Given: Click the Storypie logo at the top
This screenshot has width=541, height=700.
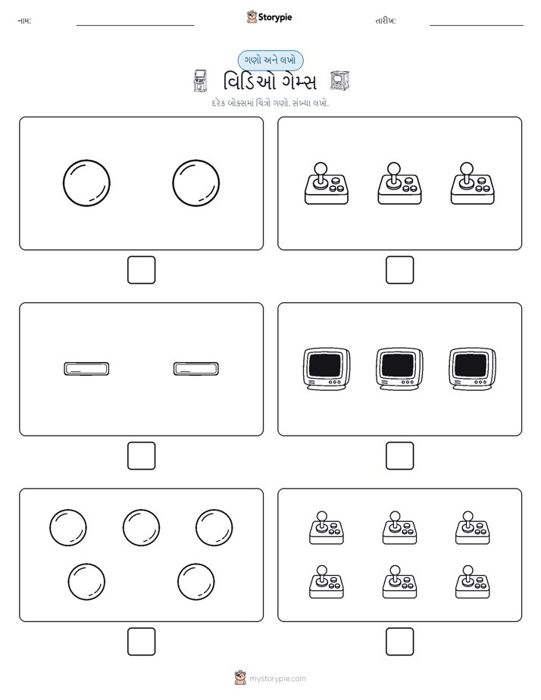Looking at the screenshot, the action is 269,17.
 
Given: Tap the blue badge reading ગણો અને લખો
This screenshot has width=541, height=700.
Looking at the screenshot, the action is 270,61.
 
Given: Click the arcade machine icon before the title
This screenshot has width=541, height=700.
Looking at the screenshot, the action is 201,81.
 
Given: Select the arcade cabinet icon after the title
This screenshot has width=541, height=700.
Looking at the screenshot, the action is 339,81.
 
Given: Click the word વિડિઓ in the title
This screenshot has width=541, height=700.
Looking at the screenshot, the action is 245,82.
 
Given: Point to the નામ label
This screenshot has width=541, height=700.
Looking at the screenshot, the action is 24,21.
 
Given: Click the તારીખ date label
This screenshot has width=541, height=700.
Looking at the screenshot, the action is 386,21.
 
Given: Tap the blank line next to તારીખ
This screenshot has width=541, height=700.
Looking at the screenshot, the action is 477,25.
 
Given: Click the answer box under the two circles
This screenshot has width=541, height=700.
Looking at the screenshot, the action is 142,270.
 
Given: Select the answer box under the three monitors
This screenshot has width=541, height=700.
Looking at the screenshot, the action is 400,456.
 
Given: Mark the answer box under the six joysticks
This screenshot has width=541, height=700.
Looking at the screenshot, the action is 400,642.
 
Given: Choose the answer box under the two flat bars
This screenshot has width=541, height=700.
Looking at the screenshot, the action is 142,456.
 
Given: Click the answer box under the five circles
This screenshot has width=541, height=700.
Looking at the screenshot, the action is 142,642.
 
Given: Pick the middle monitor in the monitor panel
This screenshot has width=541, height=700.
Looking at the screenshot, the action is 399,369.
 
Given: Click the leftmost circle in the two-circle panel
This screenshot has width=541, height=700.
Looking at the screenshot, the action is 86,183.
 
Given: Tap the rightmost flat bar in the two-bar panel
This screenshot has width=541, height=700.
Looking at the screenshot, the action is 196,369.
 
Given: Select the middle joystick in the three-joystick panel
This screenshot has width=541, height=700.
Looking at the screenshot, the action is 399,183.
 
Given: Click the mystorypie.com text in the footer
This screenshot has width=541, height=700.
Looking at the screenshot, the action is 277,679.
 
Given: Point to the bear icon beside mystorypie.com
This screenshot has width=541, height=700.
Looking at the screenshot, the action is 241,678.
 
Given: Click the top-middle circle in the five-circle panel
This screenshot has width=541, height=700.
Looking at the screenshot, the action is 141,528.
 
